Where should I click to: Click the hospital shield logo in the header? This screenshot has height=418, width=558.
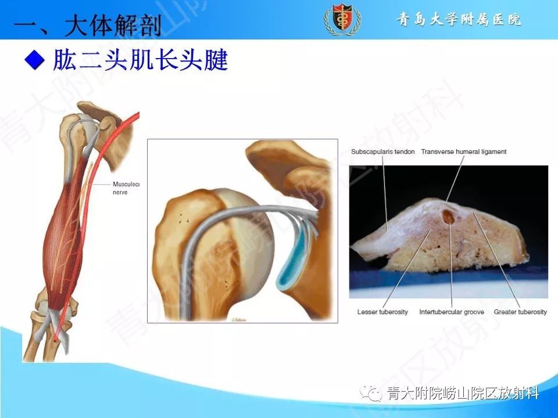click(x=342, y=20)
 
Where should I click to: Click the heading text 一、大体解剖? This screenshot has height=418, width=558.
click(x=87, y=26)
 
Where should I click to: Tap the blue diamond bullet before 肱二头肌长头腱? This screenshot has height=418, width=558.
click(x=34, y=59)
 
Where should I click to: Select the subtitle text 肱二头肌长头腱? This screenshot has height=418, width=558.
click(x=140, y=60)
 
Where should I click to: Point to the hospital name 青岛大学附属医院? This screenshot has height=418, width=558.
click(x=459, y=20)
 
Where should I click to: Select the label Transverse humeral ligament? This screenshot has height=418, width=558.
click(x=464, y=152)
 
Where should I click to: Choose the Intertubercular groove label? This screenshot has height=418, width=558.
click(x=449, y=312)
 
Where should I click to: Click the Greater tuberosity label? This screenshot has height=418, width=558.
click(x=520, y=312)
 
